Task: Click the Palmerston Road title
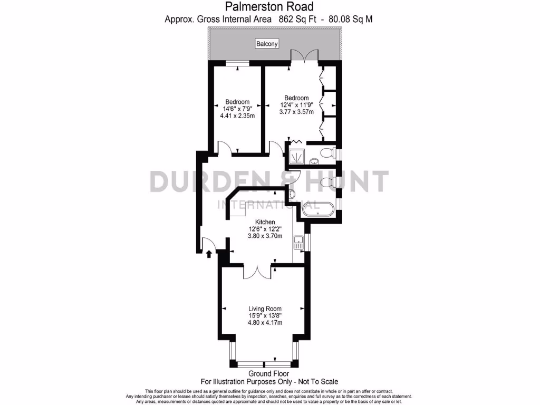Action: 269,7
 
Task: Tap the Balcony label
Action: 267,44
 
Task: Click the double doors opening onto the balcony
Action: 304,56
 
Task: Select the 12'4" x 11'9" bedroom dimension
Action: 296,105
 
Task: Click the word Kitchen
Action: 265,222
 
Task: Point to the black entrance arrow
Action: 209,255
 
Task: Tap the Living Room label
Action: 265,309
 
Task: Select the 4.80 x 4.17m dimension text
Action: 265,323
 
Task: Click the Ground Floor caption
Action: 269,374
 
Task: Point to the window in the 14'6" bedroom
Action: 237,64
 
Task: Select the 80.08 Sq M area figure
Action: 351,19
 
